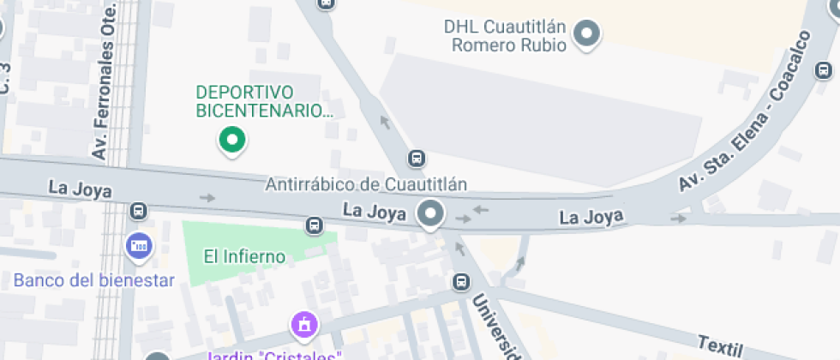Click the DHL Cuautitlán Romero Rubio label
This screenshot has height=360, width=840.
point(505,36)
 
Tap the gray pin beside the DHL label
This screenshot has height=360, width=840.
point(587,34)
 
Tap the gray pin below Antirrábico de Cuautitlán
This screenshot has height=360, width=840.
point(429,213)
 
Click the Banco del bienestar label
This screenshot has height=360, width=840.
point(94,280)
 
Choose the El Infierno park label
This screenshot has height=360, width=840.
point(243,255)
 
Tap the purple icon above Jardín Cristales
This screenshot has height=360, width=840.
point(303,325)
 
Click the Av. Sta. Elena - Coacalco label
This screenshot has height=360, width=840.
point(746,111)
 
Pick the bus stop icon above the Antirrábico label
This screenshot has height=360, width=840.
point(417,159)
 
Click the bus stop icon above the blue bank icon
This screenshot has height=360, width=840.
point(138,211)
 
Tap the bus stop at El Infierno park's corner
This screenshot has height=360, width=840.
point(315,225)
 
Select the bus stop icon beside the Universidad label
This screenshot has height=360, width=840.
point(462,281)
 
